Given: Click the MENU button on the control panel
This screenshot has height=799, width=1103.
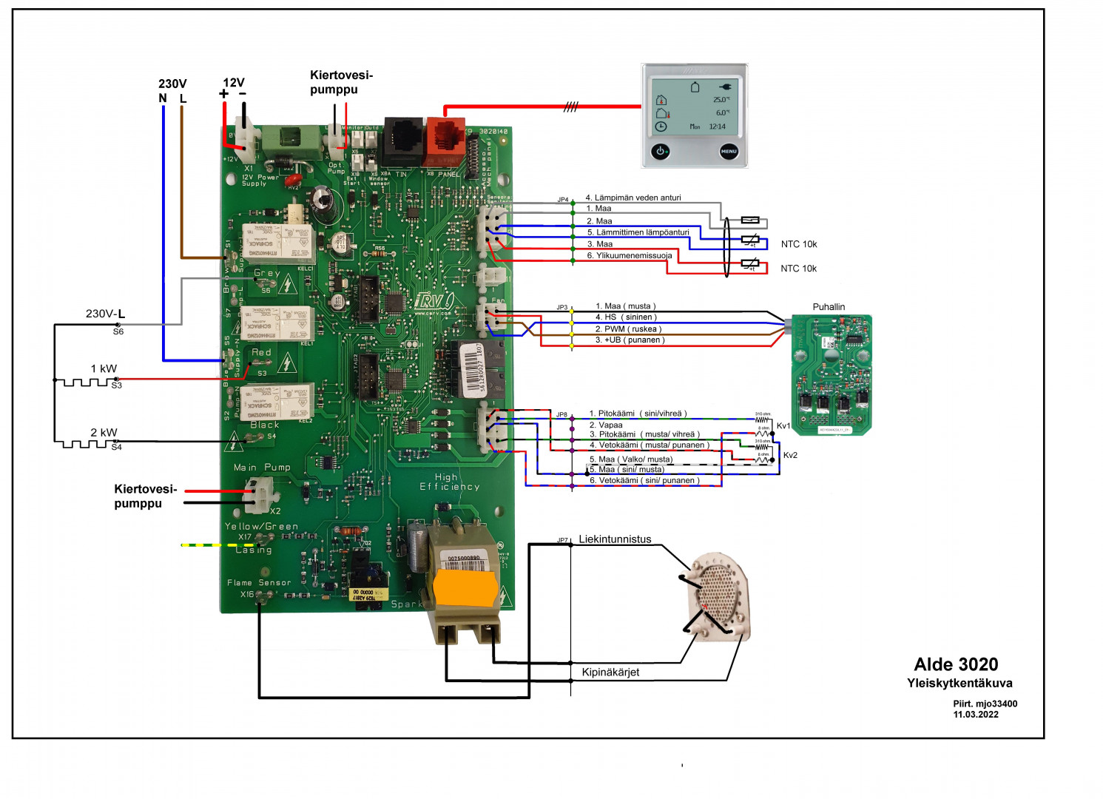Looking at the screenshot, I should pyautogui.click(x=729, y=151).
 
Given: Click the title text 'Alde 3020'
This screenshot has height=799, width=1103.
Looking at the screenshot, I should pyautogui.click(x=956, y=664).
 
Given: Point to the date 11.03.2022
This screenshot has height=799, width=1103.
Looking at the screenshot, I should pyautogui.click(x=976, y=715).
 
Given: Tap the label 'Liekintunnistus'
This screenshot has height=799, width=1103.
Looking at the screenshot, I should pyautogui.click(x=615, y=539).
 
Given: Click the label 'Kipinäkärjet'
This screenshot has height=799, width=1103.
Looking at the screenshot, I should pyautogui.click(x=610, y=672).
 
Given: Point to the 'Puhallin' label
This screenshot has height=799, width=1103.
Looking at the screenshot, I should pyautogui.click(x=829, y=307).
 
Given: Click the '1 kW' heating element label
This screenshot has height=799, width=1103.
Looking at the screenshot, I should pyautogui.click(x=104, y=368).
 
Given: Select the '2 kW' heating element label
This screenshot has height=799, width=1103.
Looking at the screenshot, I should pyautogui.click(x=104, y=433).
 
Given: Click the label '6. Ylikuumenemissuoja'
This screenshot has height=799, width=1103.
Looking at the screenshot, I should pyautogui.click(x=630, y=256).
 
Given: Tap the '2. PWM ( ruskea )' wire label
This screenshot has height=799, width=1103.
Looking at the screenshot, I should pyautogui.click(x=628, y=329).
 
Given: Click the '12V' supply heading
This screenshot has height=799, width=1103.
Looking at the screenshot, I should pyautogui.click(x=234, y=83).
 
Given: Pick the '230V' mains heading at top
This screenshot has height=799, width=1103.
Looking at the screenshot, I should pyautogui.click(x=172, y=84).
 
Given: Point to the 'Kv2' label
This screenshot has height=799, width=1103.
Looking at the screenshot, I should pyautogui.click(x=790, y=456).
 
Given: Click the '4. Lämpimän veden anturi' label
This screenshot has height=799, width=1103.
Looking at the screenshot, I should pyautogui.click(x=633, y=198).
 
